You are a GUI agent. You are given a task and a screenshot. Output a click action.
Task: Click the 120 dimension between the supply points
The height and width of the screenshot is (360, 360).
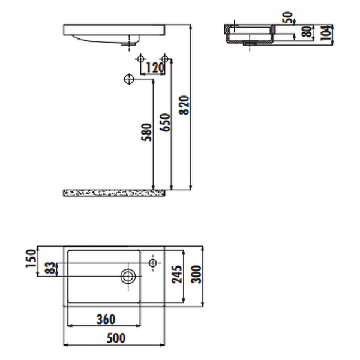(155, 68)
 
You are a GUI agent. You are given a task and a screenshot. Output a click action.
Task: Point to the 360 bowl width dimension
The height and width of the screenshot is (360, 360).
(105, 319)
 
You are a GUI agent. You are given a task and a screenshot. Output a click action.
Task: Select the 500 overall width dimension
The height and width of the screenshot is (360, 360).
(115, 338)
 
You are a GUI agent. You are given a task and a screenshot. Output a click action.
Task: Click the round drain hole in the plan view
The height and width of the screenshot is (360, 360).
(128, 277)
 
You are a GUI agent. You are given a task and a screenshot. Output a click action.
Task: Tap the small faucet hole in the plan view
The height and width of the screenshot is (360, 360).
(152, 263)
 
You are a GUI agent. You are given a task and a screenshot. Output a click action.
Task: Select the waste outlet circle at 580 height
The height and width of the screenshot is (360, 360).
(128, 79)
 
